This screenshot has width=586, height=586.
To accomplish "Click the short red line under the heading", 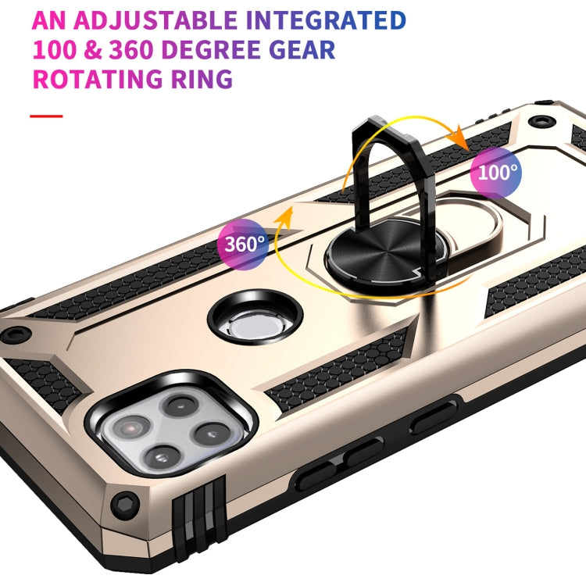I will (45, 116).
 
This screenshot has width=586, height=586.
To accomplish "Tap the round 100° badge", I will (498, 172).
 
